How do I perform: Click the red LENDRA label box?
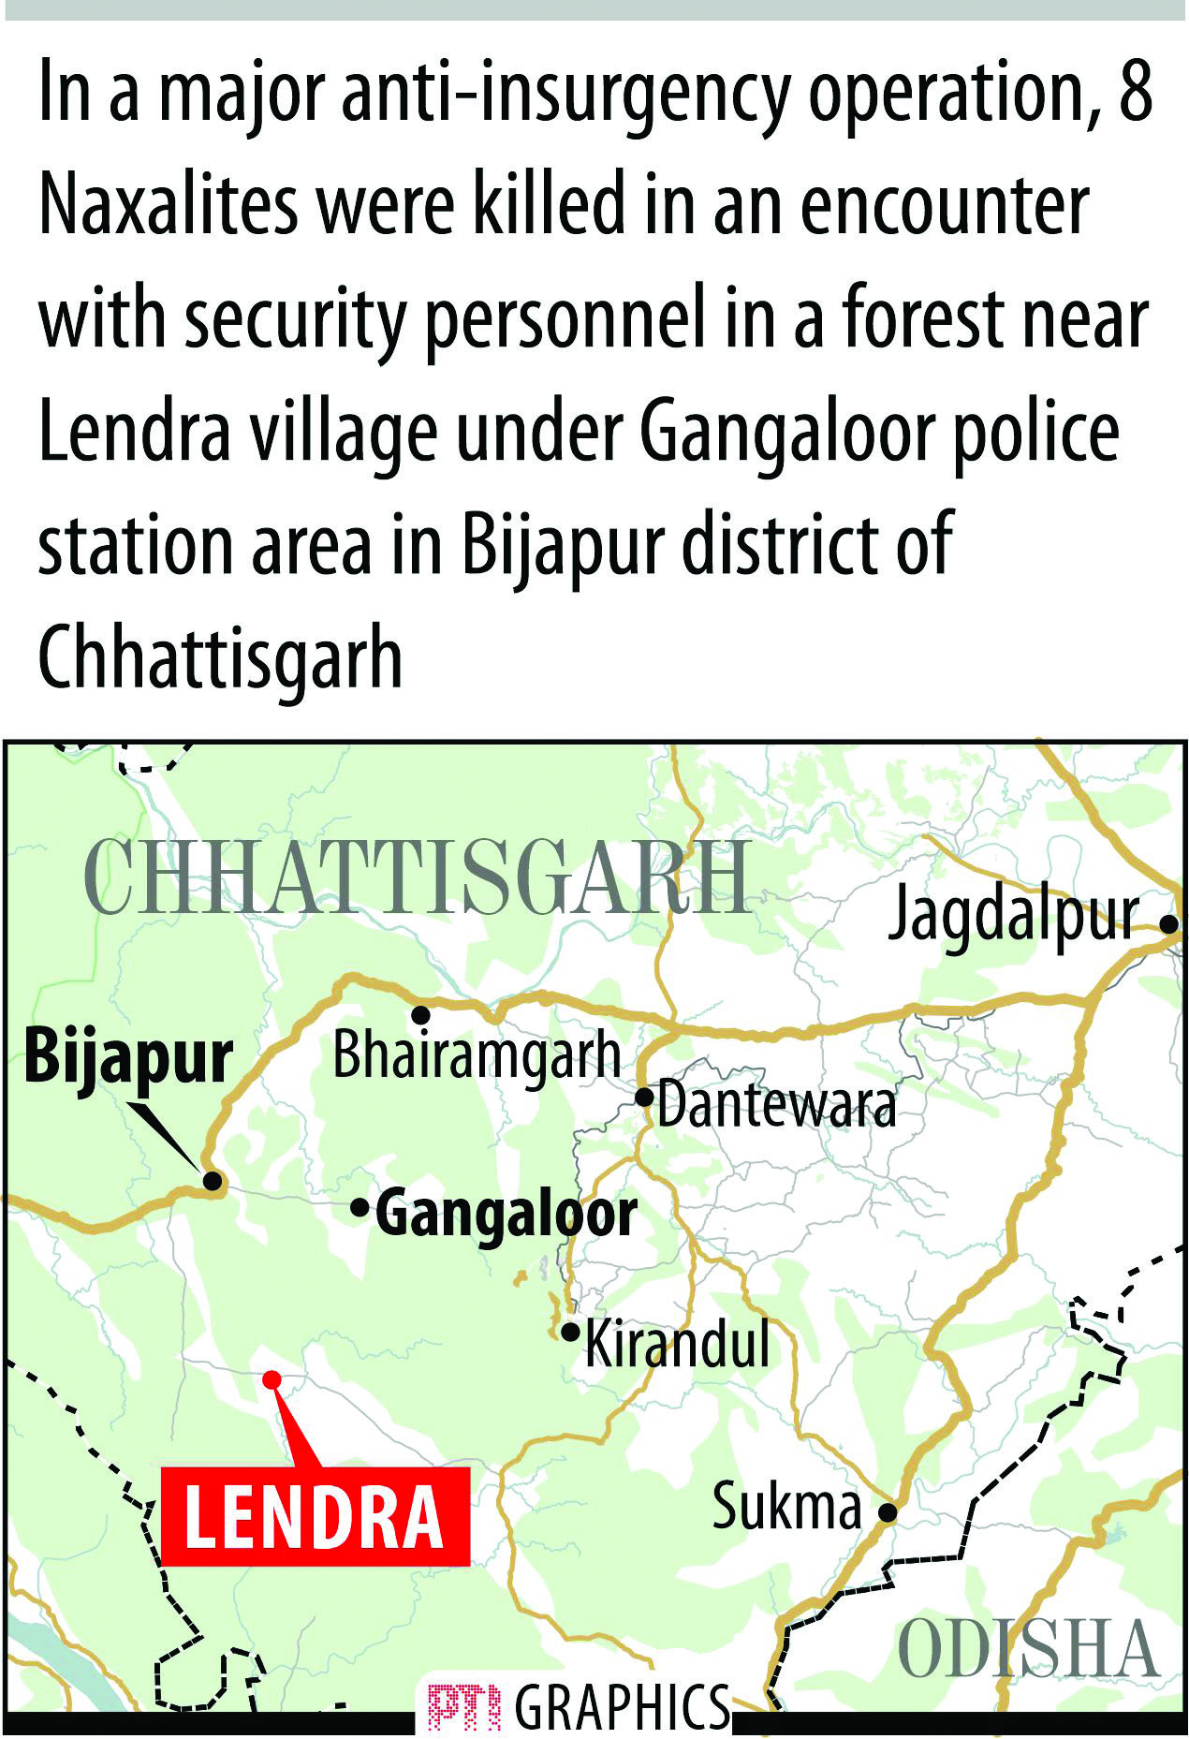[x=315, y=1516]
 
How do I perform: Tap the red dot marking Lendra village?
[x=272, y=1379]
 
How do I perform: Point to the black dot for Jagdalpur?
[x=1168, y=923]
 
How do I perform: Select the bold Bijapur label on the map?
[x=127, y=1058]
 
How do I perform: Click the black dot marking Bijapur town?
[x=213, y=1182]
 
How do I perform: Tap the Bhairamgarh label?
[x=477, y=1055]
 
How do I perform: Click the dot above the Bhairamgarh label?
[x=421, y=1015]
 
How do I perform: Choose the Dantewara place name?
[x=776, y=1106]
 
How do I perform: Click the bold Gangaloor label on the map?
[x=506, y=1215]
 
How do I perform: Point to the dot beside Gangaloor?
[x=360, y=1208]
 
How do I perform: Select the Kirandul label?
[x=677, y=1344]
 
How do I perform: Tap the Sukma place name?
[x=786, y=1508]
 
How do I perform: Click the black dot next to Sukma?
[x=888, y=1511]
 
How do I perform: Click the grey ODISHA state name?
[x=1028, y=1650]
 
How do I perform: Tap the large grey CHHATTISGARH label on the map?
[x=418, y=877]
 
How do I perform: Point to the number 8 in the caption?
[x=1135, y=93]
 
